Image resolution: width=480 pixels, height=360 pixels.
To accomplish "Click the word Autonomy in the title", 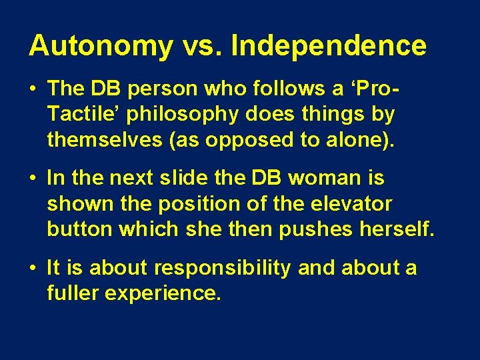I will pyautogui.click(x=101, y=47).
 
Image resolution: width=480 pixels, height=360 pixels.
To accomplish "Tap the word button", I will pyautogui.click(x=79, y=229).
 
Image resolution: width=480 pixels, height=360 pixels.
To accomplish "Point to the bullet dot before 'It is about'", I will pyautogui.click(x=33, y=269).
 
